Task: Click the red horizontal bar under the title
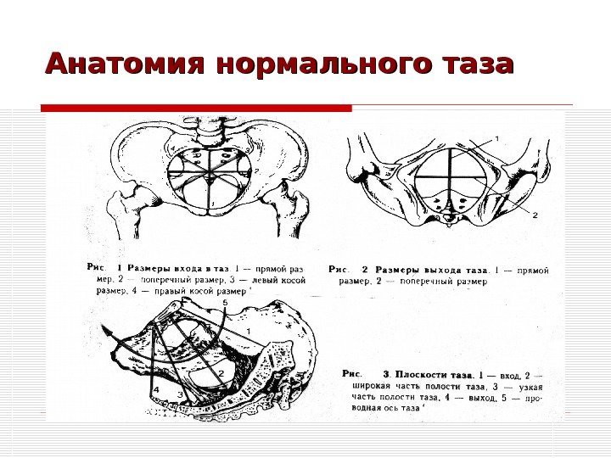(196, 109)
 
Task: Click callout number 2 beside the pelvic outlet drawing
(535, 215)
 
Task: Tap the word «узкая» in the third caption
(528, 385)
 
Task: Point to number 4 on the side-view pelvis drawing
(155, 389)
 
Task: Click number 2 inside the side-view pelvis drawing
(221, 372)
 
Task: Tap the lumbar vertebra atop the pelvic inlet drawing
(207, 128)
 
